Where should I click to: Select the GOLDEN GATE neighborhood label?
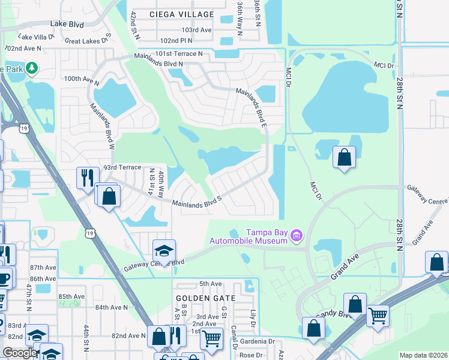[x=202, y=298]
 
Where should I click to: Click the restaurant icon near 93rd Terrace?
[x=85, y=177]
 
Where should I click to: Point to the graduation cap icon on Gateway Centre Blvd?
[x=163, y=250]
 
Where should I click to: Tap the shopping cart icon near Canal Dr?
[x=211, y=339]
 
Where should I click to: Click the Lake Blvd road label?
[x=67, y=24]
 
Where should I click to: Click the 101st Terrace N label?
[x=179, y=54]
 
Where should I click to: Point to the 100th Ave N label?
[x=81, y=79]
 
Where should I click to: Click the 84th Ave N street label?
[x=111, y=307]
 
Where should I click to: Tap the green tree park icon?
[x=29, y=68]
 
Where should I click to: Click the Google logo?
[x=20, y=353]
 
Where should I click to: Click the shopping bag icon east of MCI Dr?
[x=345, y=158]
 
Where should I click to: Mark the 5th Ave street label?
[x=211, y=284]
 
